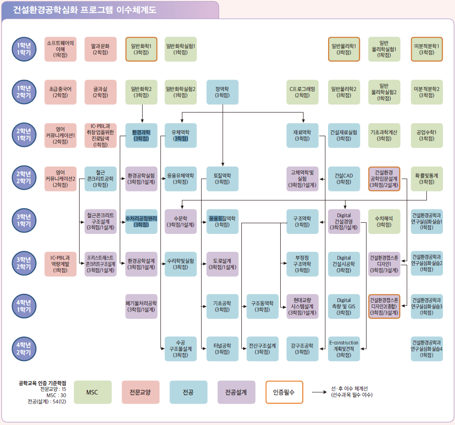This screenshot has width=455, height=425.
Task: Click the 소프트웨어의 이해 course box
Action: click(x=60, y=49)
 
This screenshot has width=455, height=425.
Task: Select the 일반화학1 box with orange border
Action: click(x=141, y=49)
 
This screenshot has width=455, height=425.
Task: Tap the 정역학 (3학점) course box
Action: click(x=222, y=92)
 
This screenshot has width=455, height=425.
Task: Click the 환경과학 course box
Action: click(x=141, y=135)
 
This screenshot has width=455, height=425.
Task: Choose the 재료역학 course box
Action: click(x=303, y=135)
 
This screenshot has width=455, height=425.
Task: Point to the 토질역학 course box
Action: click(x=222, y=179)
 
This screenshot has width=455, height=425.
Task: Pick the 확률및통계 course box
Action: click(x=426, y=179)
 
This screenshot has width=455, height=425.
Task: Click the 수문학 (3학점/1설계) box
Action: click(x=181, y=221)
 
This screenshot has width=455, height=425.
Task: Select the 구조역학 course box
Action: click(x=303, y=221)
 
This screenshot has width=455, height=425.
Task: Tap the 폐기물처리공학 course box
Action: click(x=141, y=306)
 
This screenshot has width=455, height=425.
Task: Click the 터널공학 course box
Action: click(x=222, y=348)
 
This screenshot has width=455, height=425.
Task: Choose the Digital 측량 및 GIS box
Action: click(x=344, y=306)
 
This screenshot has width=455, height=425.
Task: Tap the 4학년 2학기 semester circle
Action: click(x=24, y=348)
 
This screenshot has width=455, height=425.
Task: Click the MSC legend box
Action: click(x=92, y=392)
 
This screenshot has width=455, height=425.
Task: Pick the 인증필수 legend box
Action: click(x=284, y=392)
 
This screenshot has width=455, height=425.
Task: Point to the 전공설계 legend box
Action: click(x=236, y=392)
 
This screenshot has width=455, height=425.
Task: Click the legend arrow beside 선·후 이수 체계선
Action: click(x=319, y=392)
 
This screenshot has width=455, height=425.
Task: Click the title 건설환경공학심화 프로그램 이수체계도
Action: click(x=85, y=10)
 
